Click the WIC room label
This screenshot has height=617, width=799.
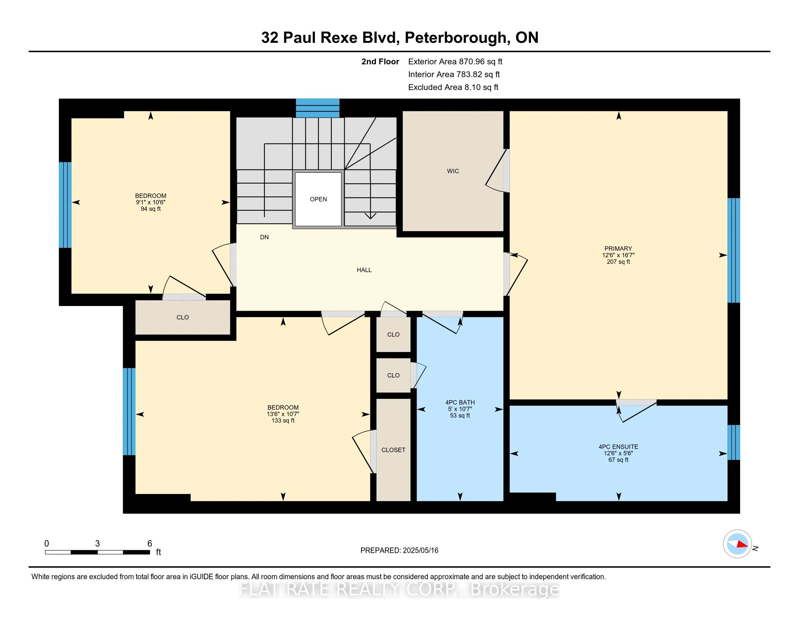[453, 171]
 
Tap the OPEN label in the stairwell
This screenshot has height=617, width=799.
[318, 199]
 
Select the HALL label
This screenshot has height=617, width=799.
[364, 270]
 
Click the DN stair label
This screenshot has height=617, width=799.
[264, 237]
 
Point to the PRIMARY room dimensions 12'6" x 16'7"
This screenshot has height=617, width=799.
[618, 255]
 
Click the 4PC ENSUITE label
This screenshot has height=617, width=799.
[618, 447]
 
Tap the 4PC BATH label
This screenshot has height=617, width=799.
[460, 402]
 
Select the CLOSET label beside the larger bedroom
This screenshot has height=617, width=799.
[393, 450]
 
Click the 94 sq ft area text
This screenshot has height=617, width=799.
[151, 209]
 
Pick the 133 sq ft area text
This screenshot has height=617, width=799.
[283, 420]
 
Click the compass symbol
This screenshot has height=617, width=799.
[737, 544]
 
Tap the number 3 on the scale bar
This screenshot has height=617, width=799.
[97, 544]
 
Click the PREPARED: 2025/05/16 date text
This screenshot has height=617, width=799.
[399, 550]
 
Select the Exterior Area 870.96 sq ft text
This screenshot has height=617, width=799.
[455, 62]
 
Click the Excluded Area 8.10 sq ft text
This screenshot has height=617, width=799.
[453, 87]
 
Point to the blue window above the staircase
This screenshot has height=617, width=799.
[317, 108]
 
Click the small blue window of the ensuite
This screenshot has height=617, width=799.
[733, 442]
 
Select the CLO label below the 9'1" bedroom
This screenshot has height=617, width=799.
[183, 317]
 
